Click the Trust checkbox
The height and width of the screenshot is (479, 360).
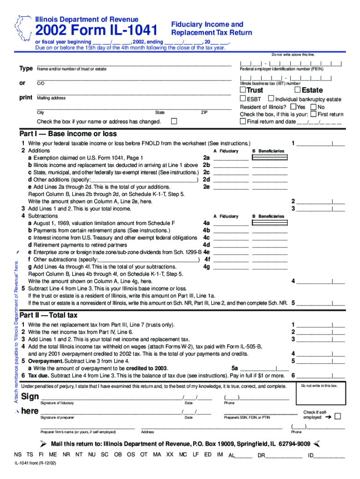tap(243, 90)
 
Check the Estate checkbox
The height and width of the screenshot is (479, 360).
tap(297, 90)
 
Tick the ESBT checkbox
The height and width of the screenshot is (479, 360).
tap(243, 99)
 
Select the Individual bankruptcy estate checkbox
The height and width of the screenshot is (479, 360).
tap(271, 99)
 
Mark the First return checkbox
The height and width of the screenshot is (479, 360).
tap(313, 114)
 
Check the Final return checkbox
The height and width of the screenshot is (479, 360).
tap(243, 121)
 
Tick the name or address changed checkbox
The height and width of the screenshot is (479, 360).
tap(174, 121)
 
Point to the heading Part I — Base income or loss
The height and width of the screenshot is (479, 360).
tap(68, 134)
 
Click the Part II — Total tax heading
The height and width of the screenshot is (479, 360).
tap(48, 315)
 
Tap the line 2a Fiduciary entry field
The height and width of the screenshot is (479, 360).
tap(230, 159)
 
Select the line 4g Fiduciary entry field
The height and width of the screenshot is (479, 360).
tap(230, 268)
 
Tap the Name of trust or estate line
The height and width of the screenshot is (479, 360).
tap(134, 65)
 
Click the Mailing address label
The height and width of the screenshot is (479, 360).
tap(51, 98)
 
